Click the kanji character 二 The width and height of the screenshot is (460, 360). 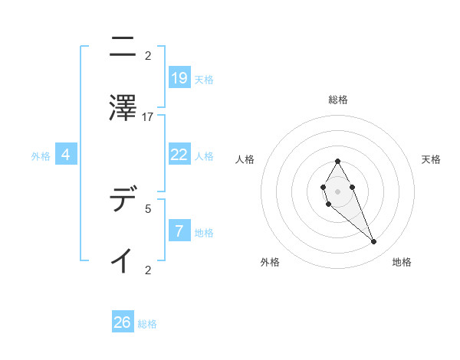122,47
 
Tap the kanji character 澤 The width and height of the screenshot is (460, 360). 122,107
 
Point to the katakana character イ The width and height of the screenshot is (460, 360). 122,260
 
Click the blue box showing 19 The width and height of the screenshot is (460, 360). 179,77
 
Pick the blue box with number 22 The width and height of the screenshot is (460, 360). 179,154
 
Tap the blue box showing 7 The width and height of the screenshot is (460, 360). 179,231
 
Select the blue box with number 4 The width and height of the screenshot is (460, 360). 66,154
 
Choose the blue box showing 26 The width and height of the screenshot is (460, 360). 123,322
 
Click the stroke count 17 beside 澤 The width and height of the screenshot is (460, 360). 148,117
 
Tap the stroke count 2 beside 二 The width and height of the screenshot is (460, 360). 148,56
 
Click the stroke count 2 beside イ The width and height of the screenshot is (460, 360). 148,270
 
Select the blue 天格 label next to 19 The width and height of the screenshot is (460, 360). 204,79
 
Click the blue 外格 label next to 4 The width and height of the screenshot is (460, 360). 41,155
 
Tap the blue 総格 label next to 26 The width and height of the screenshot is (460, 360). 147,324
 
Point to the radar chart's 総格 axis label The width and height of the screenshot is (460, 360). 338,100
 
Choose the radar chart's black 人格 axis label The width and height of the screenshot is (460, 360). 245,159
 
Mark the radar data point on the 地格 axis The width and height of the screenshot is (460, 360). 374,242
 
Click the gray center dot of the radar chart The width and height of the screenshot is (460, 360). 337,190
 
